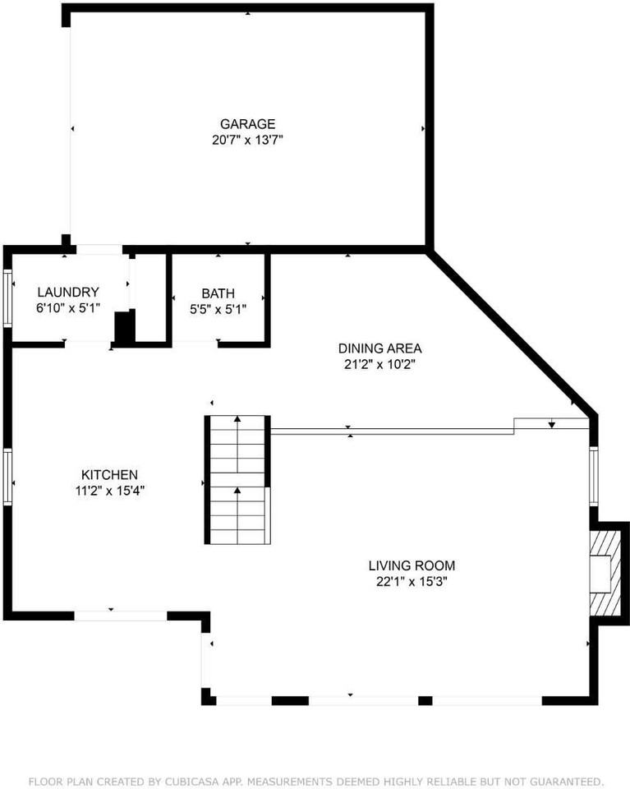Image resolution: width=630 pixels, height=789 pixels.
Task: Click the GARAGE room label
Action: point(247,124)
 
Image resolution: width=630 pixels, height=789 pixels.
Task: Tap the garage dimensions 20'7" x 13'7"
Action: point(247,140)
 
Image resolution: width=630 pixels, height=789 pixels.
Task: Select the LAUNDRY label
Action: point(68,292)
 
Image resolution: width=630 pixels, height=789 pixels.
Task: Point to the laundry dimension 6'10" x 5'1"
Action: point(68,308)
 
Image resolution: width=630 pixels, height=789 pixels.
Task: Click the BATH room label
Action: point(218,293)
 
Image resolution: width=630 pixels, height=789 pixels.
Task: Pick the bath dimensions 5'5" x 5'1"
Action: point(218,309)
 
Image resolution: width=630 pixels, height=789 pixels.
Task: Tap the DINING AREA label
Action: point(379,348)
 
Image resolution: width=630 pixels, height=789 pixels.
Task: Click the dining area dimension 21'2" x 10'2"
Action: point(379,364)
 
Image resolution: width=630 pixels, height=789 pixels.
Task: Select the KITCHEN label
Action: point(108,474)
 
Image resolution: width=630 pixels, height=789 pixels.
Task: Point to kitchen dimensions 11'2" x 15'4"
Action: point(108,491)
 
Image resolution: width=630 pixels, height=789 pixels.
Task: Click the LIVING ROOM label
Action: point(411,565)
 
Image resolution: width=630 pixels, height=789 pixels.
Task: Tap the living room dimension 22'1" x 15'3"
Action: point(411,581)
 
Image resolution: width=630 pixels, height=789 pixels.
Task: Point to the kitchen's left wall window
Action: point(7,476)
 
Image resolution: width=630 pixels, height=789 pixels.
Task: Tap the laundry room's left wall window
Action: point(7,298)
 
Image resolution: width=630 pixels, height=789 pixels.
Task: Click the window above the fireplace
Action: point(595,475)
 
